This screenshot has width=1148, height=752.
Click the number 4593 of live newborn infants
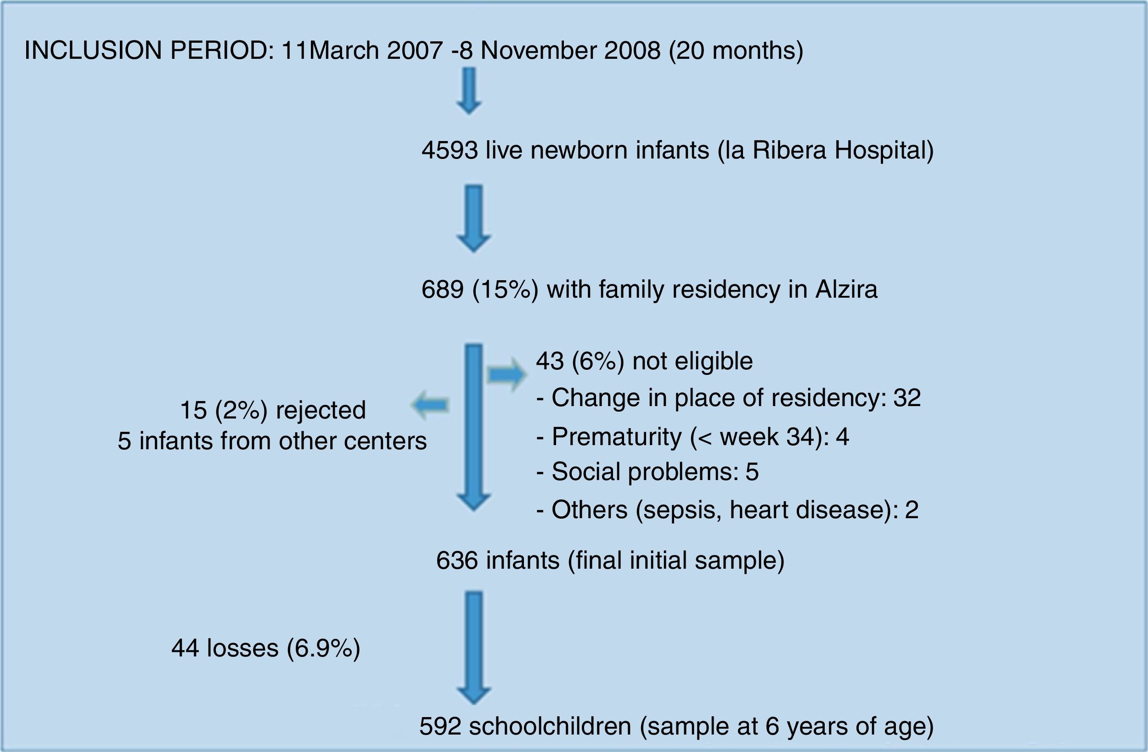point(450,150)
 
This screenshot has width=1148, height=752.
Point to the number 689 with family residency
point(442,289)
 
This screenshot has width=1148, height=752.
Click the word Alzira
point(846,289)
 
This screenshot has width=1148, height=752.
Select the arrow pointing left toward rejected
point(430,405)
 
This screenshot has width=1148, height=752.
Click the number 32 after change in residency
point(907,398)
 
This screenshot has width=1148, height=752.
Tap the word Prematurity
point(616,437)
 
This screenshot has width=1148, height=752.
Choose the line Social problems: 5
point(647,472)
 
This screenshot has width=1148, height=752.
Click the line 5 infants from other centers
point(272,441)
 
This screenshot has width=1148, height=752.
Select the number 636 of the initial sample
point(457,561)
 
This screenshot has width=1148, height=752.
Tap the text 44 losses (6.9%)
point(266,648)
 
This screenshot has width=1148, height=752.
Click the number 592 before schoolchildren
point(440,727)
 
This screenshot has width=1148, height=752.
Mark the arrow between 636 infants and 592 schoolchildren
point(474,648)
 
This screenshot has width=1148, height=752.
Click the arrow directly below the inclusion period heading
point(469,91)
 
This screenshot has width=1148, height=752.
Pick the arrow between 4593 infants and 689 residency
point(474,219)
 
